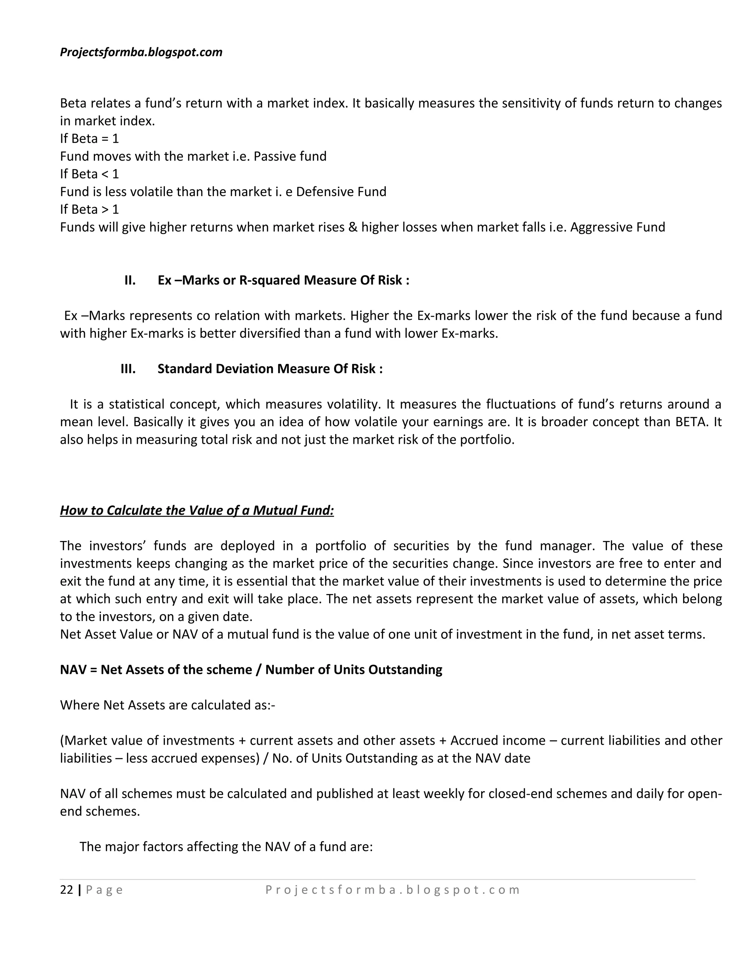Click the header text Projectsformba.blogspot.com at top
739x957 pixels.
point(141,52)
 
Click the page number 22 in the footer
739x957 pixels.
point(66,889)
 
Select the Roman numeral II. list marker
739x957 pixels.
point(130,280)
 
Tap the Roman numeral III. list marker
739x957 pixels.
point(128,368)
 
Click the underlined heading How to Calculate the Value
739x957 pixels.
point(197,510)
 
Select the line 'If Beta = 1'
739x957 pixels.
point(89,138)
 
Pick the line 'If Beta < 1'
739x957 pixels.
point(89,174)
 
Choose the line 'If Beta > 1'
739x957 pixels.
point(89,209)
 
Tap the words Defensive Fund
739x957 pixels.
point(341,192)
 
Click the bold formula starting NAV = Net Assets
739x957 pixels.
point(251,670)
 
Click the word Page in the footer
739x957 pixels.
point(105,890)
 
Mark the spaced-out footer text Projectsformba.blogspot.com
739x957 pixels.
point(392,890)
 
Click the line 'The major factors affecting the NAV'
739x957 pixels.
point(226,846)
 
